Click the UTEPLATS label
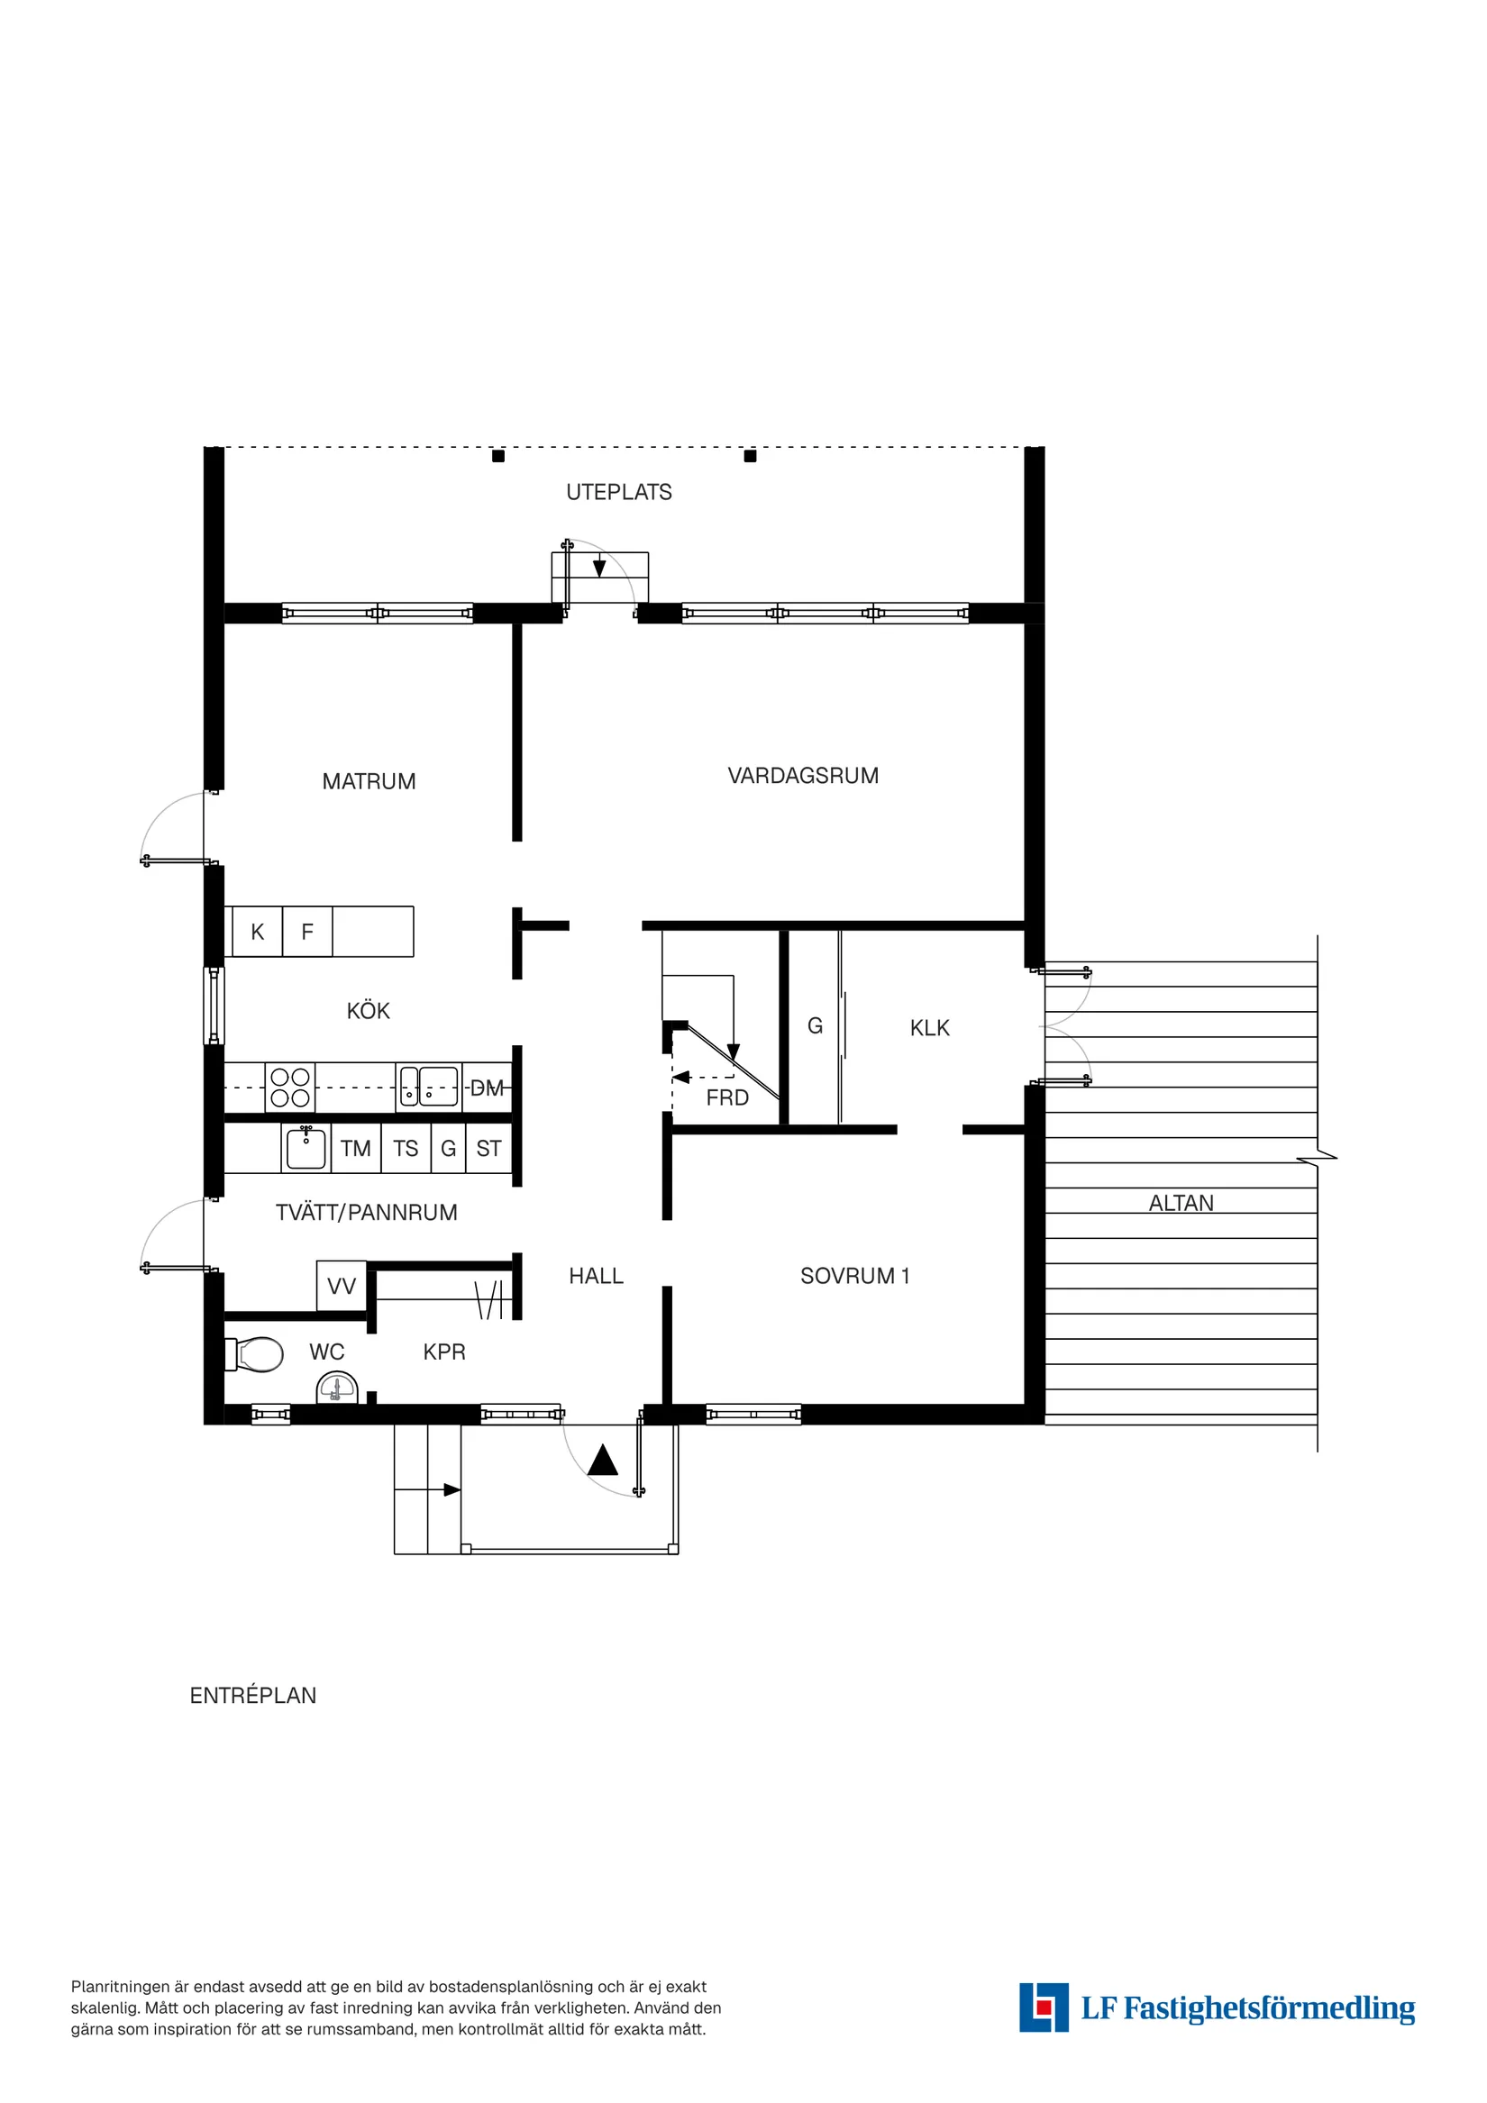[x=618, y=492]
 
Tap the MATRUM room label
[x=369, y=781]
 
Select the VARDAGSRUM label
[x=803, y=776]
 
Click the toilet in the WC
[x=256, y=1353]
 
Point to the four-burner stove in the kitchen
[x=289, y=1088]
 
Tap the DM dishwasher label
[x=487, y=1088]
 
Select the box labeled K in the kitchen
[x=258, y=932]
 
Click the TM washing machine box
[x=355, y=1149]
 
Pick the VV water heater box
[x=341, y=1286]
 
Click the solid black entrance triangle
[x=602, y=1460]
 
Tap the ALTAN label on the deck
[x=1181, y=1203]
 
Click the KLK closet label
[x=929, y=1028]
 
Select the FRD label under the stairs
[x=726, y=1097]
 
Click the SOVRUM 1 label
[x=854, y=1276]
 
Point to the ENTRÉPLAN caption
[x=253, y=1696]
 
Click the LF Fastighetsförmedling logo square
[x=1043, y=2007]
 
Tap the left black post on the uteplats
[x=498, y=456]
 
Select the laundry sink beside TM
[x=306, y=1149]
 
